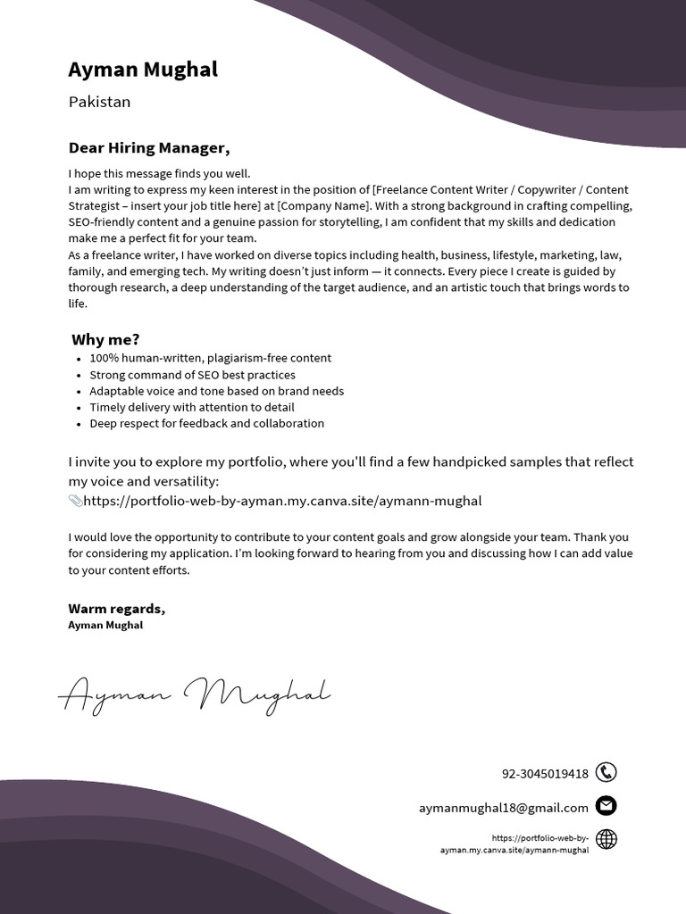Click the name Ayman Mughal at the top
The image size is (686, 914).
tap(143, 70)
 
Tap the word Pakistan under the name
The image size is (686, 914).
tap(99, 102)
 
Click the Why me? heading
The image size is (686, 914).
tap(105, 339)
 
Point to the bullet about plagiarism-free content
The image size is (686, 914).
tap(210, 358)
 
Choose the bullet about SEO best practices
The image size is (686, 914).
tap(192, 375)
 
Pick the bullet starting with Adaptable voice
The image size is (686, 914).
tap(216, 391)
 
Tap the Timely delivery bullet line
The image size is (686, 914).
tap(191, 407)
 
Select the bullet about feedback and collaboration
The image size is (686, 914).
tap(206, 423)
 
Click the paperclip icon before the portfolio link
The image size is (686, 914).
tap(75, 501)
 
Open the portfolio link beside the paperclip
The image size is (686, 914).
tap(282, 501)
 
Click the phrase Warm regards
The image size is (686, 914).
tap(116, 609)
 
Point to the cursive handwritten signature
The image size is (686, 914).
tap(195, 694)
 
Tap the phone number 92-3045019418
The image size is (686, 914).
tap(545, 774)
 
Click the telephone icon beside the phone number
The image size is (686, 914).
tap(606, 773)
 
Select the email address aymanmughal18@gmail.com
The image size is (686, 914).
tap(504, 808)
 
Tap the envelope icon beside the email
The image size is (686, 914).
tap(606, 806)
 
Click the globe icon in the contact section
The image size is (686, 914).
tap(606, 839)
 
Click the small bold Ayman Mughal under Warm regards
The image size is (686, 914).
tap(105, 626)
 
